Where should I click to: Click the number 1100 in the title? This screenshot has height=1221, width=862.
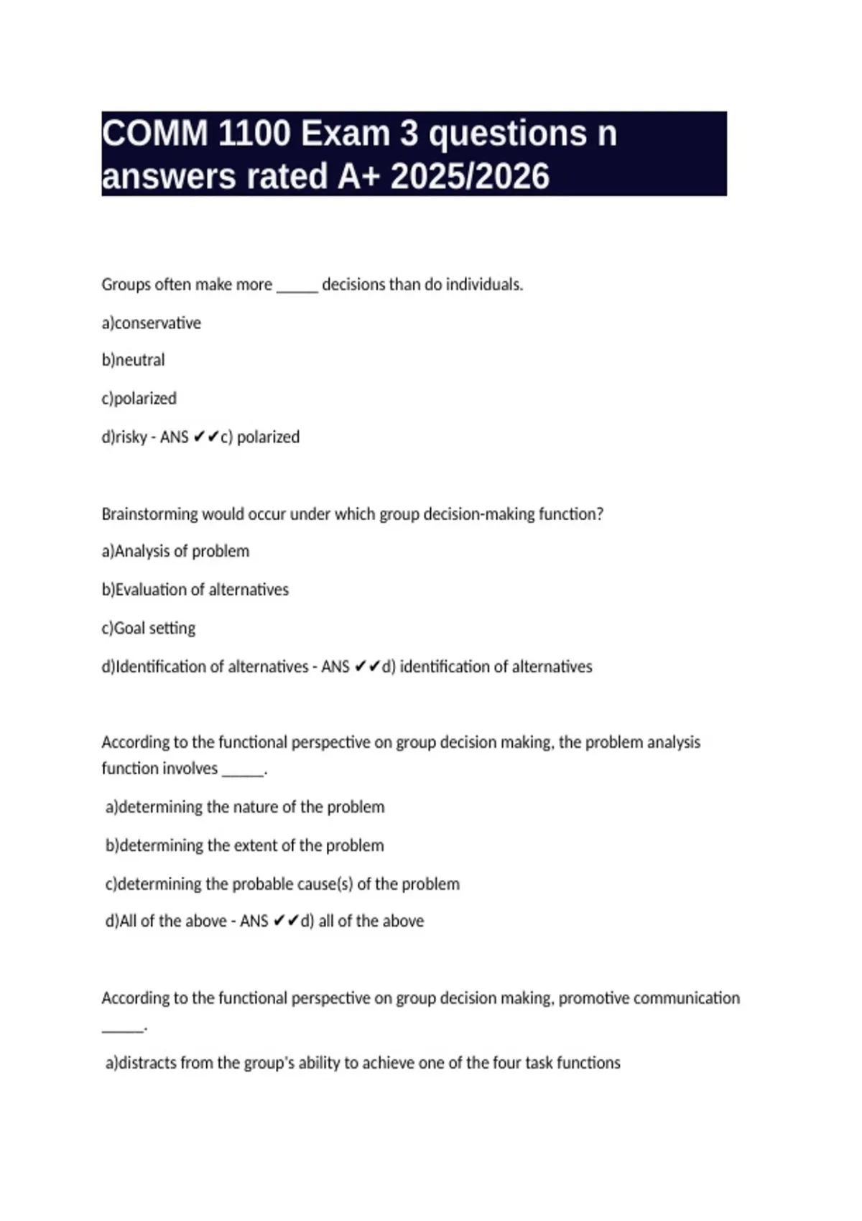(254, 134)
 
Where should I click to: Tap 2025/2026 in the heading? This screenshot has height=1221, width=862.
(470, 177)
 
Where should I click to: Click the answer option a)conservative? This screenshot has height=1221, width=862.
(152, 323)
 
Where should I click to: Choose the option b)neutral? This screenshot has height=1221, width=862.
(134, 360)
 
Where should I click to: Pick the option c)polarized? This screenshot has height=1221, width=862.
(139, 399)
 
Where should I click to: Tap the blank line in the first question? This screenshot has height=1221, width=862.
(297, 287)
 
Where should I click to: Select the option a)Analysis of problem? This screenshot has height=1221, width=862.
(176, 552)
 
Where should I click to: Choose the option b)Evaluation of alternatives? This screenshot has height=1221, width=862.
(195, 590)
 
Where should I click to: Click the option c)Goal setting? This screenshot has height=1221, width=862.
(149, 628)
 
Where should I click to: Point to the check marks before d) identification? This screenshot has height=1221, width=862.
(367, 667)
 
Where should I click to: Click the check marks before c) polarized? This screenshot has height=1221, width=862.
(206, 437)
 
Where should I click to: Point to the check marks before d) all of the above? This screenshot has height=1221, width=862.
(286, 921)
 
